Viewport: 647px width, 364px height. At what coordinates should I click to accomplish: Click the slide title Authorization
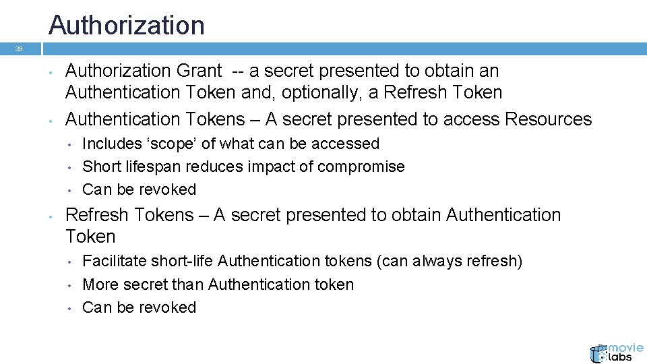(127, 26)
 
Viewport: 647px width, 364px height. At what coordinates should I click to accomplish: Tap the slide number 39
(19, 49)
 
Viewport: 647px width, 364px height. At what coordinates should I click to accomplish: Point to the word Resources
(548, 119)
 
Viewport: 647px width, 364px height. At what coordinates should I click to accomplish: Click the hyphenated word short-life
(183, 261)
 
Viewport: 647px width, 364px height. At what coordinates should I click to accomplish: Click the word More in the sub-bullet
(99, 284)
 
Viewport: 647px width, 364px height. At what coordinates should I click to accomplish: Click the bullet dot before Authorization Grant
(51, 71)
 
